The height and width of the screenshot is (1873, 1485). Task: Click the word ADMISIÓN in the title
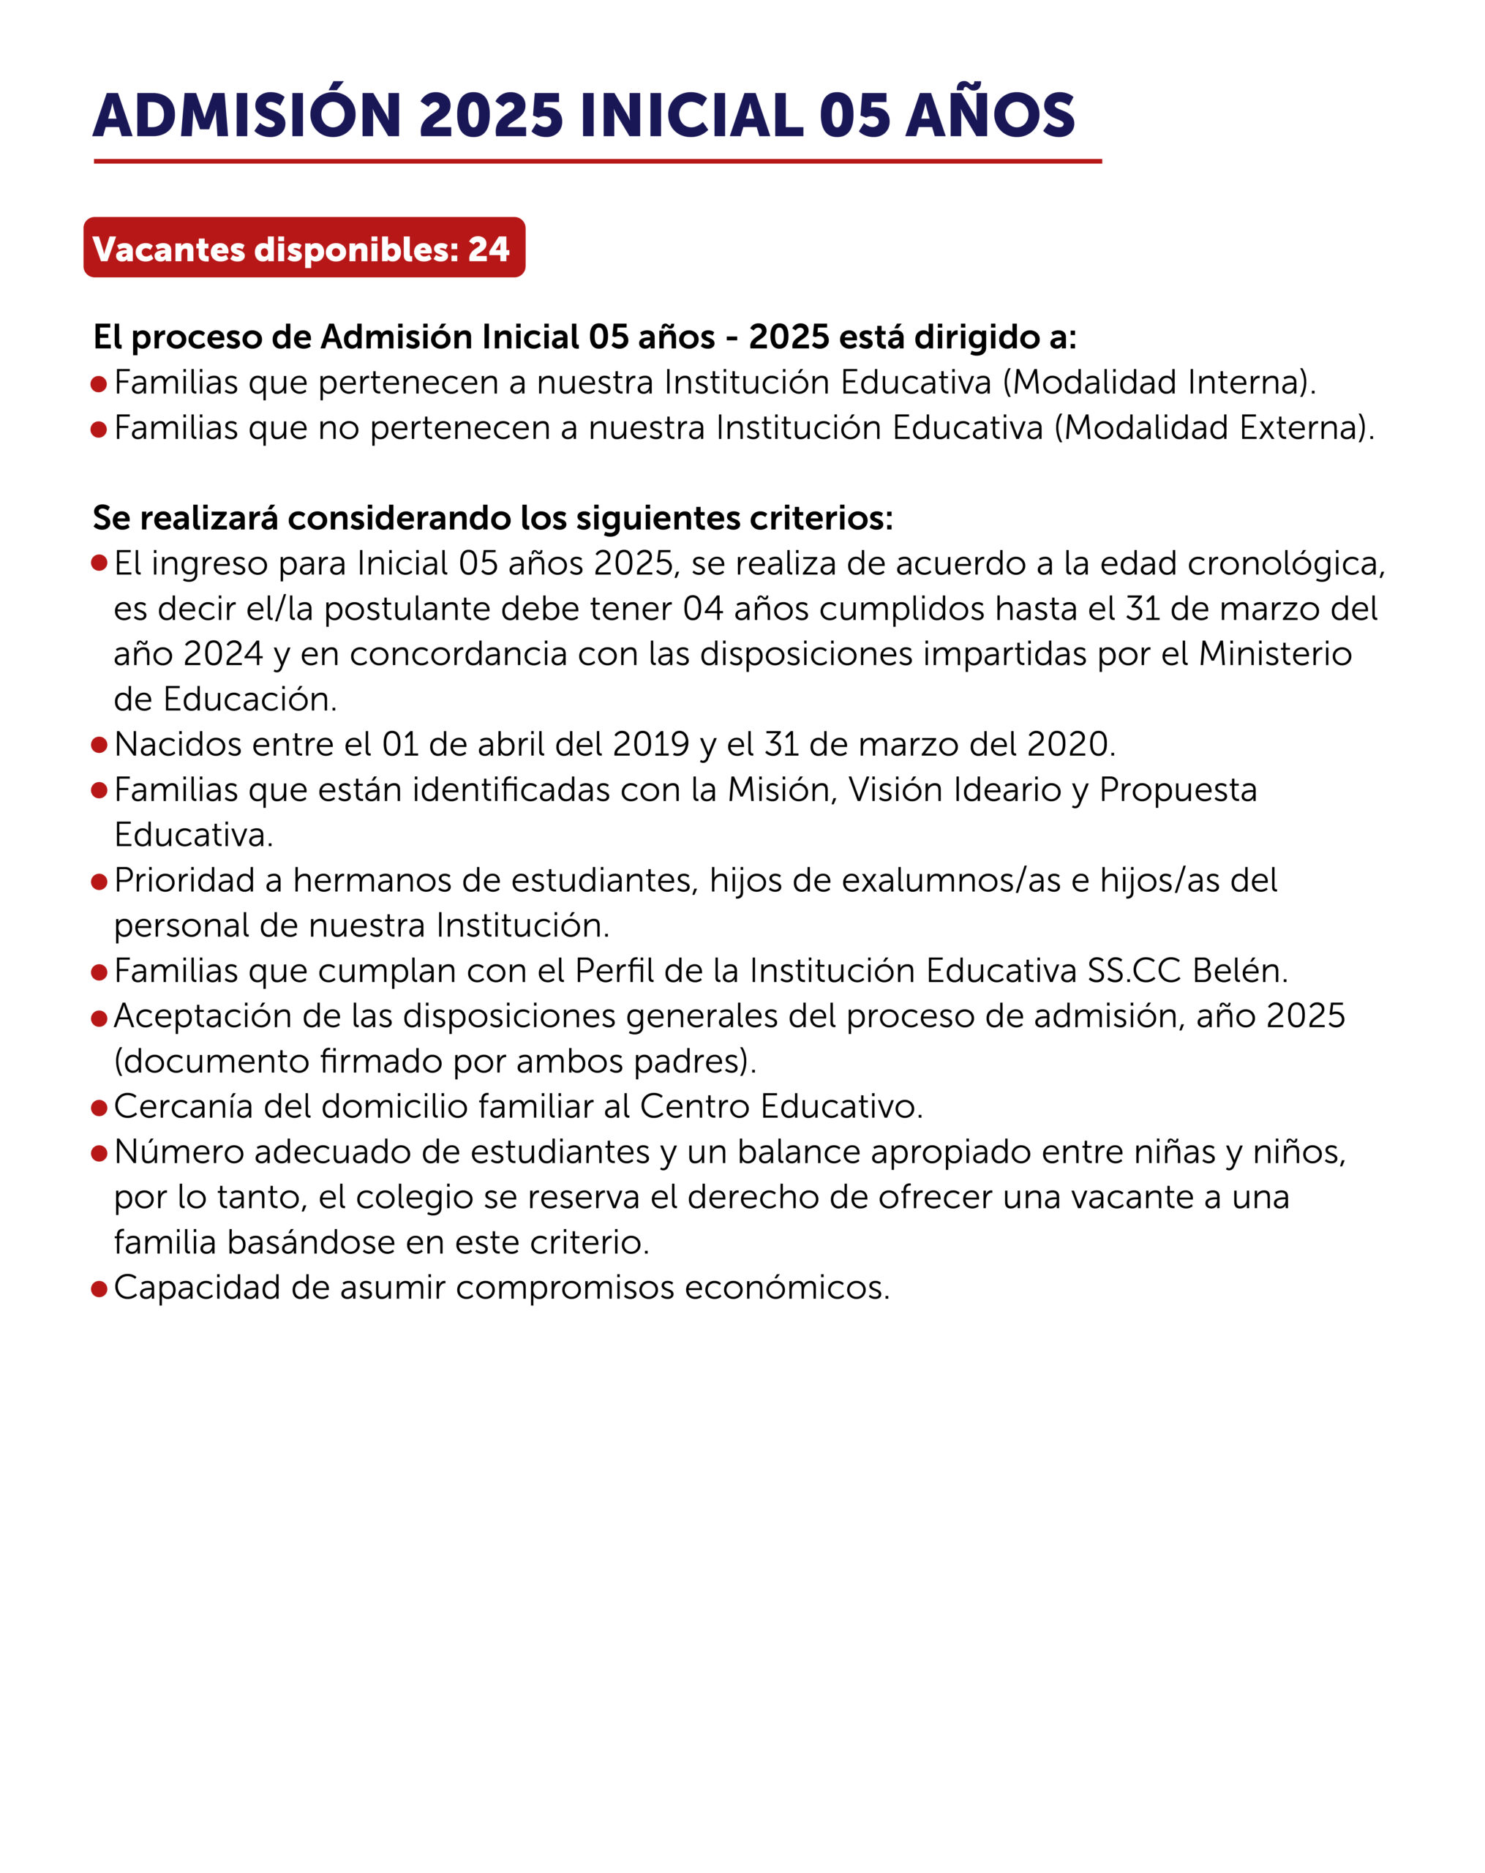pyautogui.click(x=247, y=116)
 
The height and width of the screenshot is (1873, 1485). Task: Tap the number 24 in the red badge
pyautogui.click(x=488, y=249)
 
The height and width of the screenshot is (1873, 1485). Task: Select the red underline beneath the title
pyautogui.click(x=598, y=162)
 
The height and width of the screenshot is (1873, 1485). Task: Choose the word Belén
pyautogui.click(x=1239, y=970)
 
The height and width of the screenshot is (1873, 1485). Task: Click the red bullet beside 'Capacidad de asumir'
pyautogui.click(x=99, y=1288)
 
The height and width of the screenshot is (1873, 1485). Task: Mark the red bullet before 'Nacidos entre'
pyautogui.click(x=99, y=746)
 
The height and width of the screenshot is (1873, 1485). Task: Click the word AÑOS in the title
pyautogui.click(x=990, y=116)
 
